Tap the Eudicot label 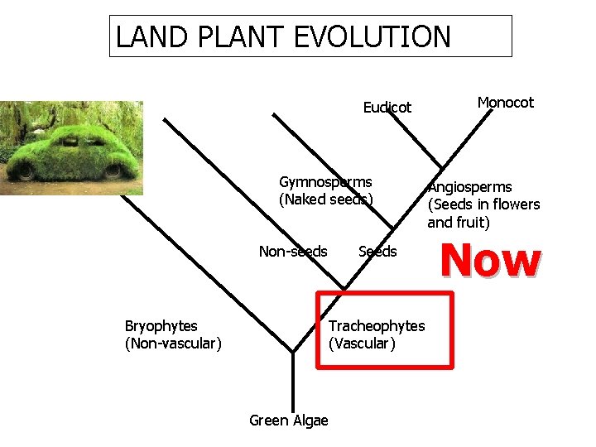tap(387, 108)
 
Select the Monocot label tap(505, 103)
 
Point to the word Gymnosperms tap(325, 182)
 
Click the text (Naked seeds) tap(326, 199)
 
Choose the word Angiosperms tap(469, 187)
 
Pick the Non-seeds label tap(293, 252)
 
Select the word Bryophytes tap(161, 326)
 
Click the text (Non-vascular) tap(173, 343)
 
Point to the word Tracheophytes tap(377, 326)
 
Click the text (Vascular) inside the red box tap(363, 343)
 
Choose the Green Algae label tap(289, 421)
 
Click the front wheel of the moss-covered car tap(26, 171)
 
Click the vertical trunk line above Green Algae tap(293, 381)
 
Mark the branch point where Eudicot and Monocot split tap(442, 165)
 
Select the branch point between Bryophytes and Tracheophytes tap(293, 352)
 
